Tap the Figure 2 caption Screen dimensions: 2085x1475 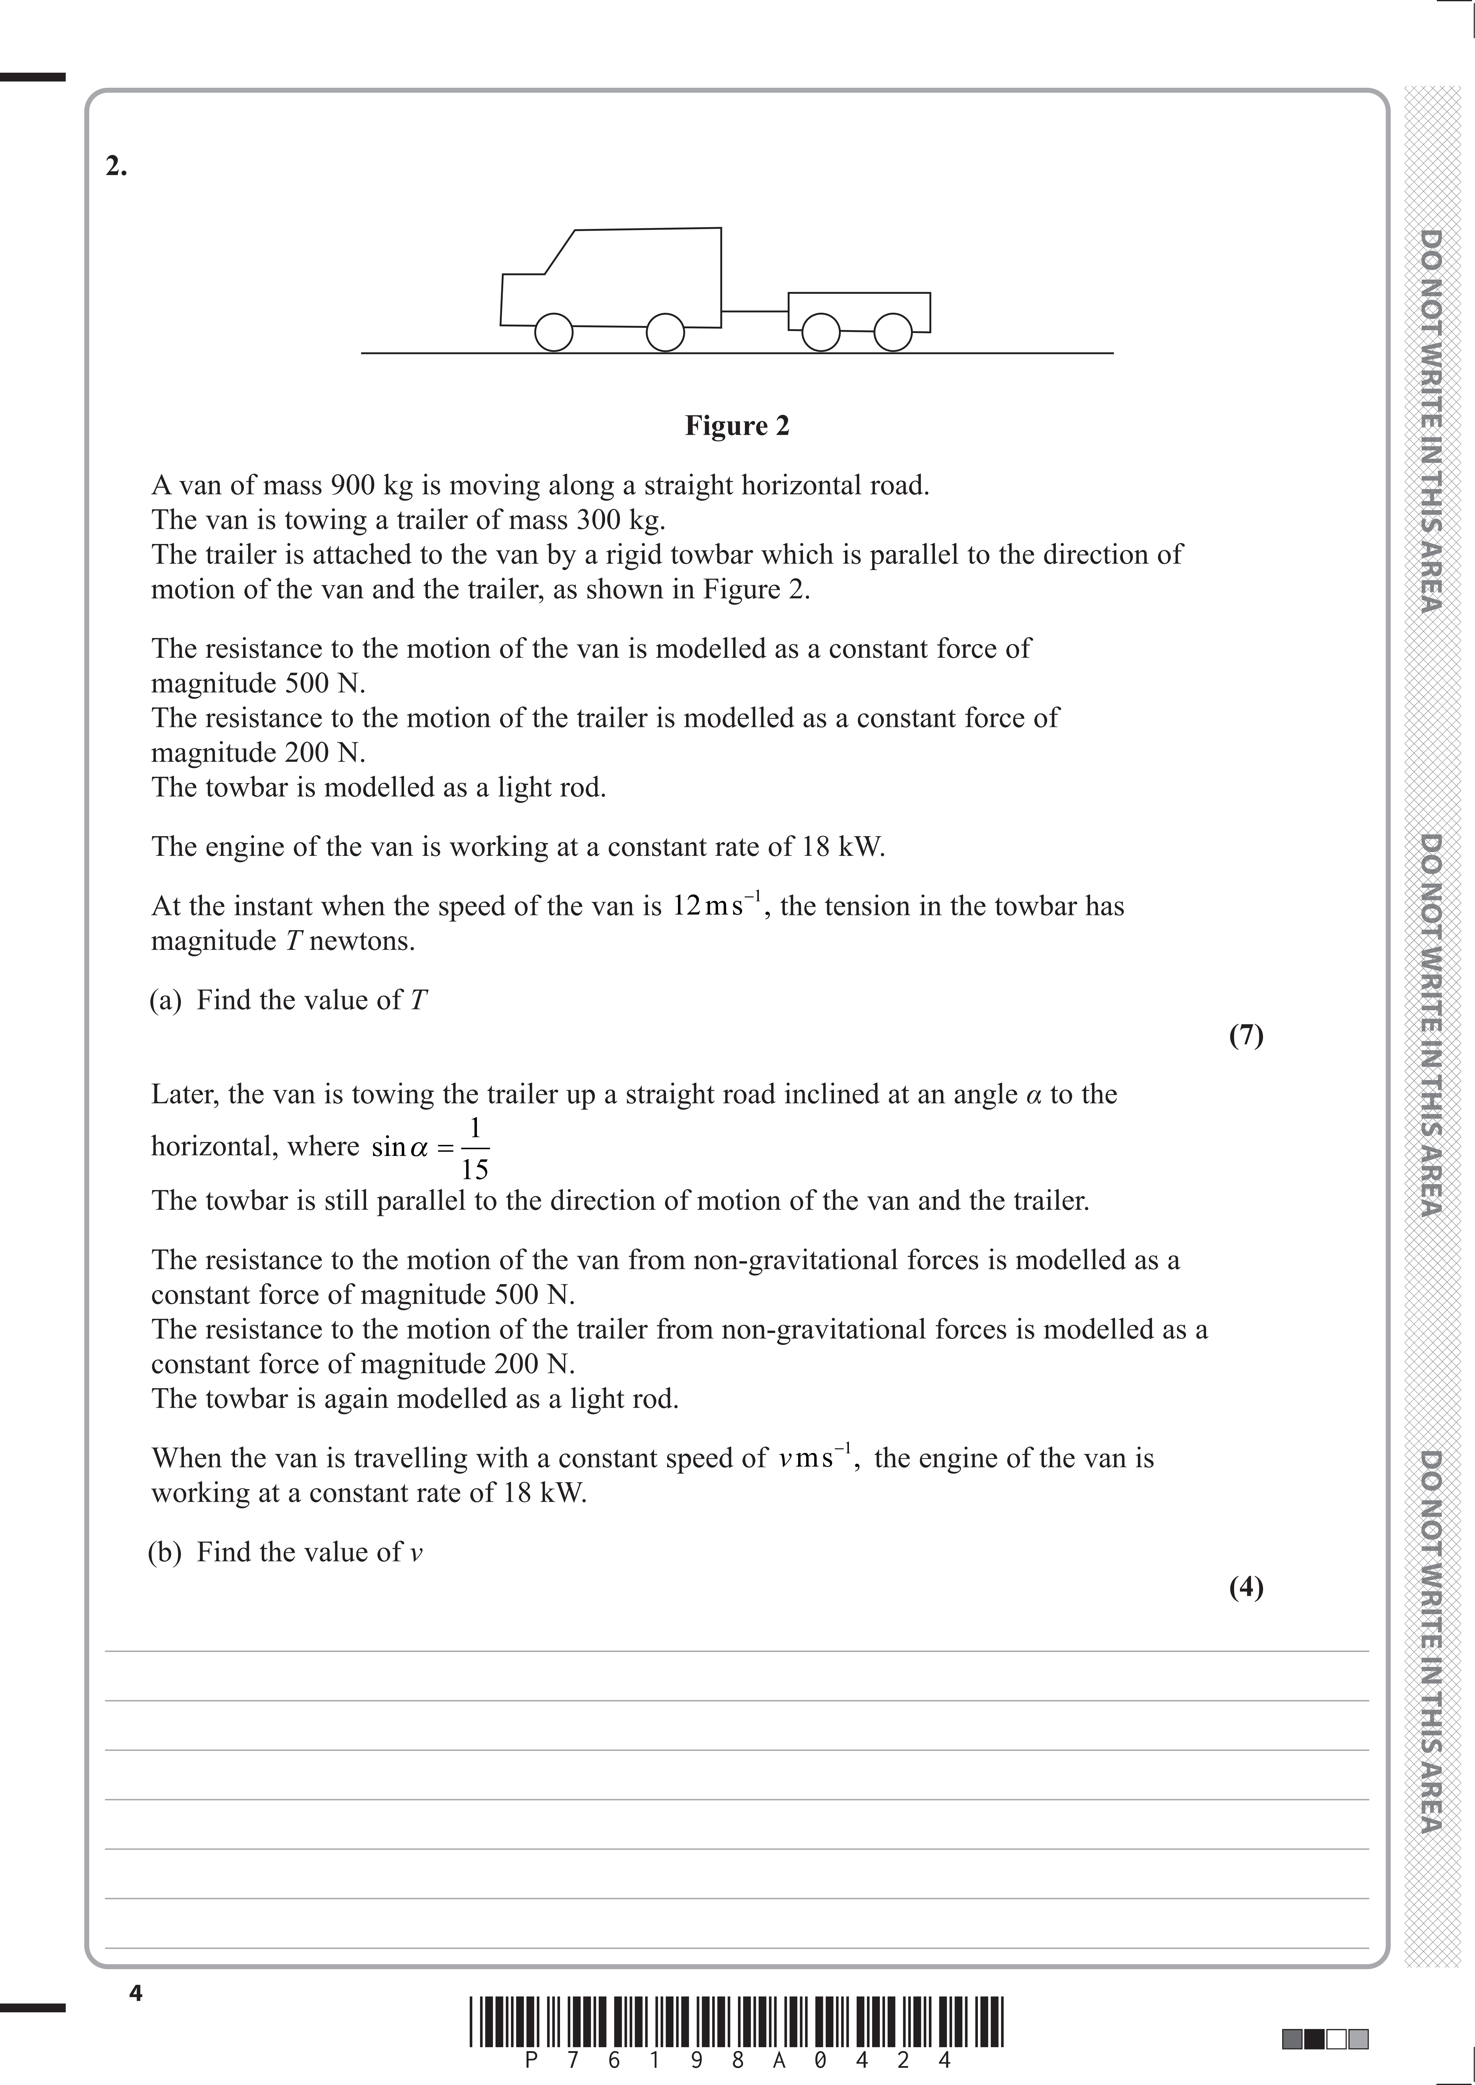tap(737, 426)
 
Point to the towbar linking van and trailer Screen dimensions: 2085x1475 tap(755, 312)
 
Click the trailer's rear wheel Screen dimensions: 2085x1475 tap(893, 332)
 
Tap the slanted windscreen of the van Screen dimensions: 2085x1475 tap(560, 251)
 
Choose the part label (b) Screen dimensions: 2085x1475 tap(165, 1552)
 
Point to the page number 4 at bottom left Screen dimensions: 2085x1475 tap(136, 1993)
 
